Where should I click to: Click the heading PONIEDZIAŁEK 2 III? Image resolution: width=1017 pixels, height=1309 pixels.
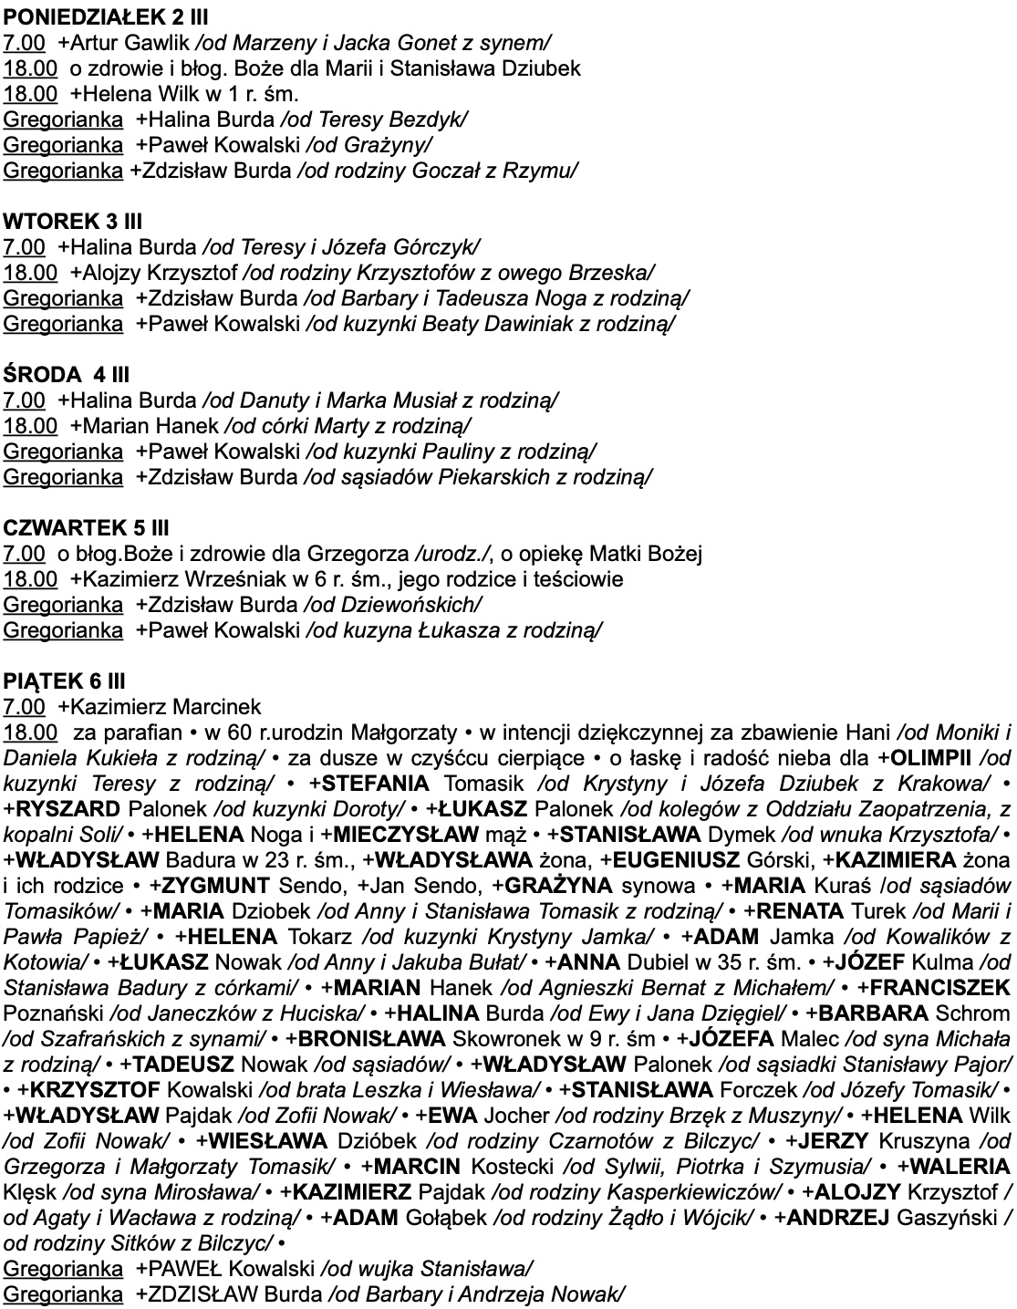click(105, 16)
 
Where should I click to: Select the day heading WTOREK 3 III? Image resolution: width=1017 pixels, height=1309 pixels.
click(73, 221)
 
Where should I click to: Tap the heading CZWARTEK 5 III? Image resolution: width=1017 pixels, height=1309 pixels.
click(87, 527)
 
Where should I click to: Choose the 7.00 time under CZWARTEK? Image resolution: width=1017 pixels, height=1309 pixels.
click(25, 553)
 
